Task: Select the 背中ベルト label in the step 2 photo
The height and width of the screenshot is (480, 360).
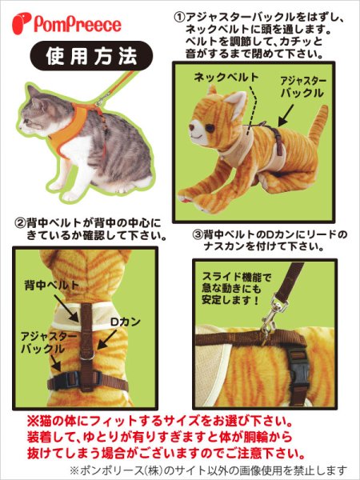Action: (x=51, y=284)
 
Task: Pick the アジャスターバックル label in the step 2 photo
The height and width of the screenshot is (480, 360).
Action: (x=49, y=344)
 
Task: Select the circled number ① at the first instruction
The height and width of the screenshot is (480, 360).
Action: (x=179, y=16)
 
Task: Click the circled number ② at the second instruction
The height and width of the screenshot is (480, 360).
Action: (x=20, y=222)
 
